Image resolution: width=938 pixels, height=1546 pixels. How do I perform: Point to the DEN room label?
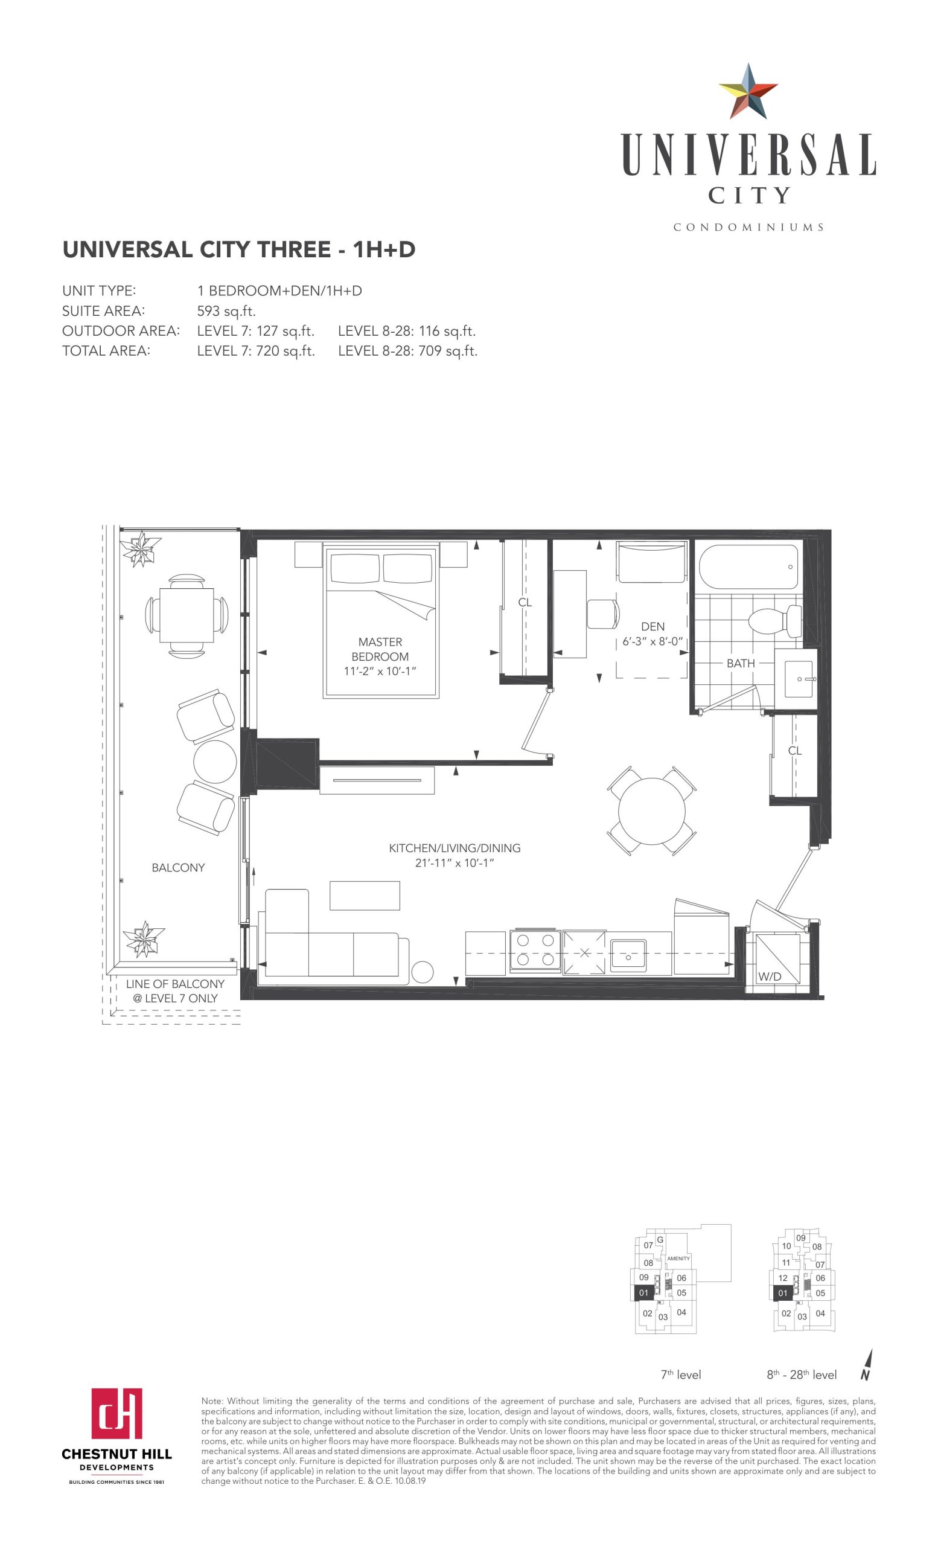[652, 626]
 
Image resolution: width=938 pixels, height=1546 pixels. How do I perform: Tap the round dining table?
[651, 810]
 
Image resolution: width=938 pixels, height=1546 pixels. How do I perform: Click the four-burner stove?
[535, 951]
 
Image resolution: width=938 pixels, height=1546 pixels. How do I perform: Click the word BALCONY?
[178, 868]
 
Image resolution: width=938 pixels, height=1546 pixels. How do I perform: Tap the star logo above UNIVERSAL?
[748, 92]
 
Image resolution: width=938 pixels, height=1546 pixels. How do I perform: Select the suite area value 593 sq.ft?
[226, 311]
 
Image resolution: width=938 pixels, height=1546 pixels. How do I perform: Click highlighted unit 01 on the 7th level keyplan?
[643, 1293]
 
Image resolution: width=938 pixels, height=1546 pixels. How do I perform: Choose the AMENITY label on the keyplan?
[678, 1259]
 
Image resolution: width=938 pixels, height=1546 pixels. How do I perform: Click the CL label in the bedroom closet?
[525, 602]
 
